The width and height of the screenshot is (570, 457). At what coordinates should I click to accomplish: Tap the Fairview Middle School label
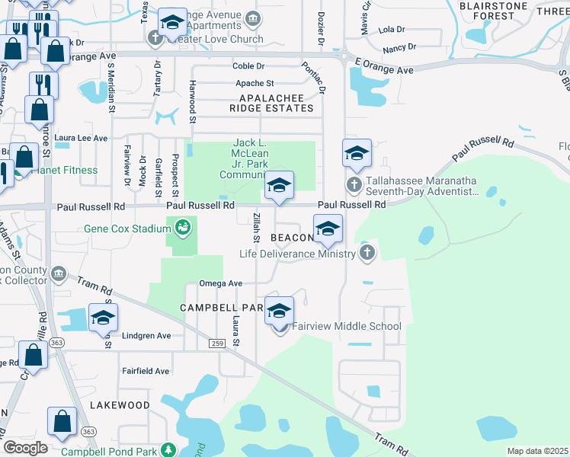[x=347, y=327]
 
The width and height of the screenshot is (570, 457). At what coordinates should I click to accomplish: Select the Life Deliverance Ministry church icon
[x=367, y=254]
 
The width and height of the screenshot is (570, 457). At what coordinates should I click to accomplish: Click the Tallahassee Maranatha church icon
[x=354, y=184]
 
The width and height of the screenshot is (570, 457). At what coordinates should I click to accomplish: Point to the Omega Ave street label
[x=220, y=283]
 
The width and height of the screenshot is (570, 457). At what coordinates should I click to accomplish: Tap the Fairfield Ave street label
[x=146, y=371]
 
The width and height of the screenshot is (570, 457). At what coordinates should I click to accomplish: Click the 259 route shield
[x=218, y=345]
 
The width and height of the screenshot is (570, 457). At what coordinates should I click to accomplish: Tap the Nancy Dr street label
[x=399, y=47]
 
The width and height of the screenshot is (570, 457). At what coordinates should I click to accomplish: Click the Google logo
[x=25, y=447]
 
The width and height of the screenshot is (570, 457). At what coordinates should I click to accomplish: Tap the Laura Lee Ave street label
[x=81, y=138]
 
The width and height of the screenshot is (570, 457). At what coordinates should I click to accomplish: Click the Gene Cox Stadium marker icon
[x=182, y=225]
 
